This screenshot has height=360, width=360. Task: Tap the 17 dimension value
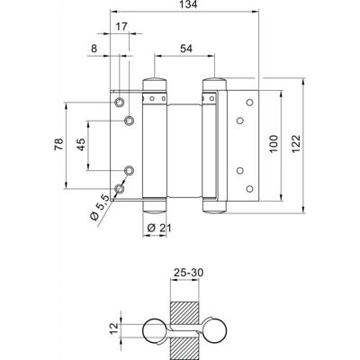click(121, 27)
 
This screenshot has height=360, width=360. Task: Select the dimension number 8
click(94, 49)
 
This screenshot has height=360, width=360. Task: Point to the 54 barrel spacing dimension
click(186, 49)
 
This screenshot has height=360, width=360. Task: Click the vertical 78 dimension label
click(59, 144)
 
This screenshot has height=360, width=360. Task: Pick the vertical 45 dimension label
click(81, 144)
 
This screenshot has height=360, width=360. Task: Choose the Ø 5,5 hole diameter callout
click(99, 207)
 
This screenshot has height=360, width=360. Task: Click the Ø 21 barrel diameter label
click(159, 229)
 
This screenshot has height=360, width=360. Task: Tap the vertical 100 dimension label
click(274, 144)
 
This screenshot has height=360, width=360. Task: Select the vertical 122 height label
click(296, 144)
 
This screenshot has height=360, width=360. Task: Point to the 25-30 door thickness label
click(189, 273)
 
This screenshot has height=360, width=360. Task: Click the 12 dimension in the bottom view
click(114, 328)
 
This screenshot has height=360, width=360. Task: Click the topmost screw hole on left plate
click(120, 103)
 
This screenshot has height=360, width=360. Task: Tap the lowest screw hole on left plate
click(120, 189)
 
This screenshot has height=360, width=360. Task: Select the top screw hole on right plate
click(249, 103)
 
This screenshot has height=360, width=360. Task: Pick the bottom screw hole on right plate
click(249, 189)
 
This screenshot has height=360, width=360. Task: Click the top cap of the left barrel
click(155, 84)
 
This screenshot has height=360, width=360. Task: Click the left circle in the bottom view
click(154, 330)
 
